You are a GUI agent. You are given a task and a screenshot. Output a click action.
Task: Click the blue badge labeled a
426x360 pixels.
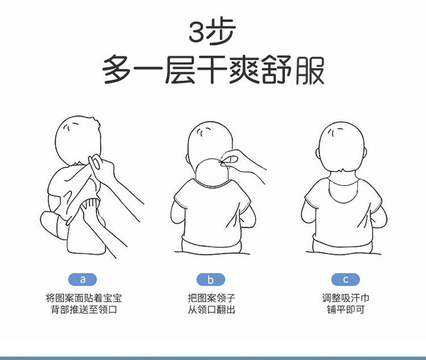pos(82,279)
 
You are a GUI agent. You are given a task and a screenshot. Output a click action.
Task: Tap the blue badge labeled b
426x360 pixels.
pos(211,279)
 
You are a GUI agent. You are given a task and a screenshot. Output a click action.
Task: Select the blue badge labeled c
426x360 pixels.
pos(345,279)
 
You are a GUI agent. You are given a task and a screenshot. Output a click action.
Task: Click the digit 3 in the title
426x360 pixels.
pos(196,32)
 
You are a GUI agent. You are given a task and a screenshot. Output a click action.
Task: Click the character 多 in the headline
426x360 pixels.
pos(118,69)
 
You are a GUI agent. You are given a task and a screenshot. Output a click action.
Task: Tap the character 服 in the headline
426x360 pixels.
pos(310,69)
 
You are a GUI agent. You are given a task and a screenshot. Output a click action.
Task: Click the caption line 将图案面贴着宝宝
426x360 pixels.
pos(83,298)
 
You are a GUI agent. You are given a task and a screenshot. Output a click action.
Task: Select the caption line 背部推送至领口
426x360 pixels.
pos(83,309)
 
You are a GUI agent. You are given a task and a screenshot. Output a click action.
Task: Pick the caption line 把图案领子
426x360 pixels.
pos(211,298)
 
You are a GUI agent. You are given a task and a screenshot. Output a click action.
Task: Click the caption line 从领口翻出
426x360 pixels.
pos(211,309)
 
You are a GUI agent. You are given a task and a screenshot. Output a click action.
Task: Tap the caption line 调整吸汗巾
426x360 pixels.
pos(345,298)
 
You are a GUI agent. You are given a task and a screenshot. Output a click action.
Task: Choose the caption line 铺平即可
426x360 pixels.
pos(345,309)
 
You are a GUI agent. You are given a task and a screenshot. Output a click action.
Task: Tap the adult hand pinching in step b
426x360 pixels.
pos(242,163)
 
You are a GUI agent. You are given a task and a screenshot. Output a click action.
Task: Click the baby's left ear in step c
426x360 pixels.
pos(317,153)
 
